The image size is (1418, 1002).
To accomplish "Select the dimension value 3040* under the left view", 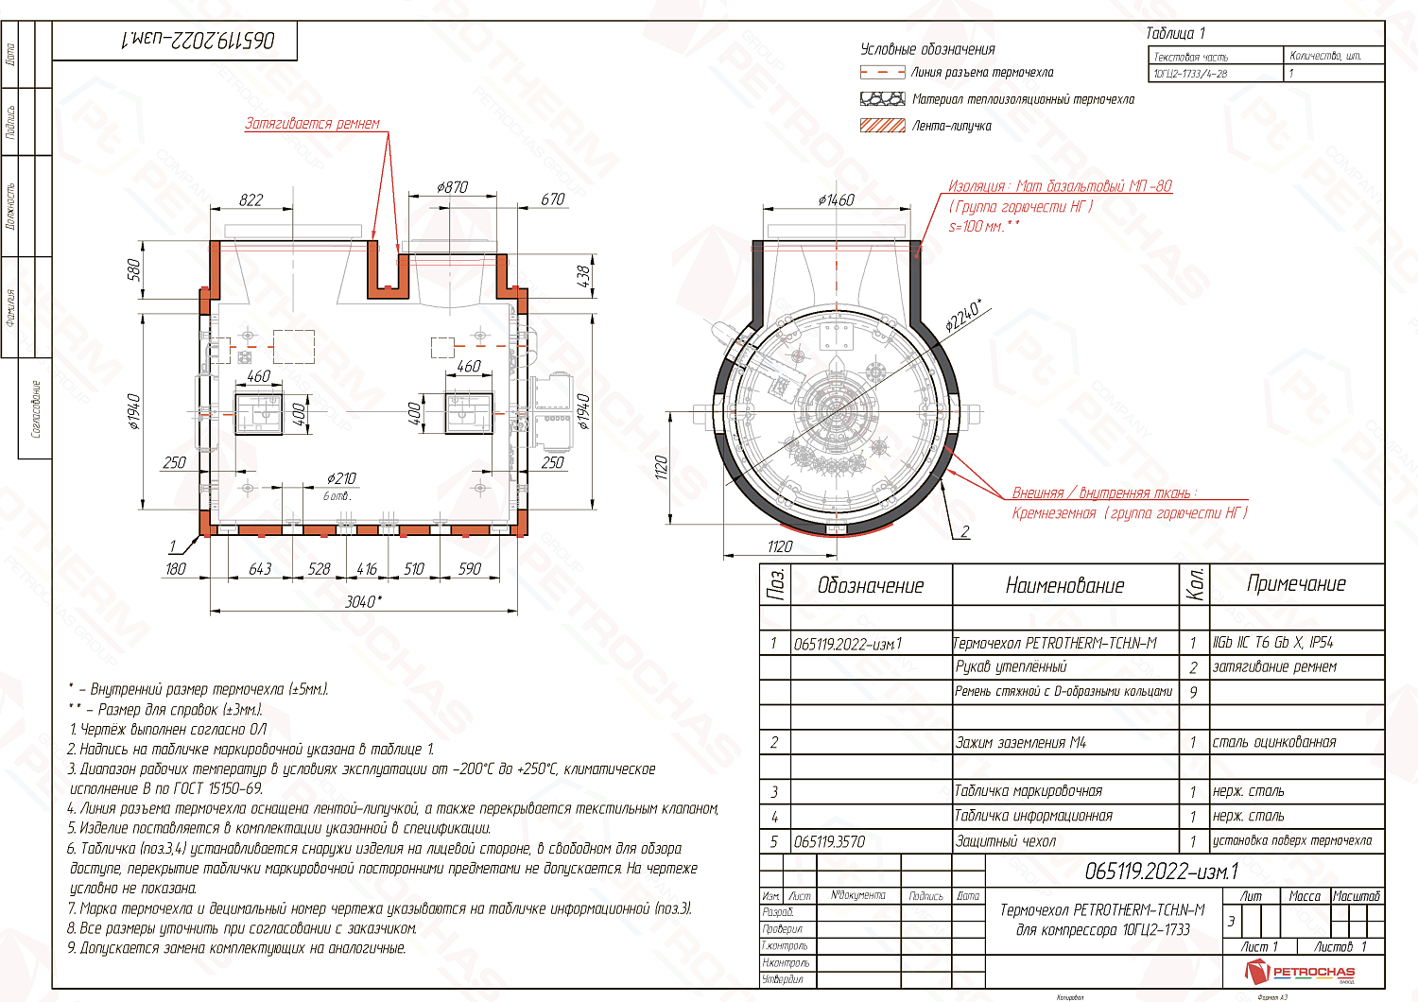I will [x=363, y=601].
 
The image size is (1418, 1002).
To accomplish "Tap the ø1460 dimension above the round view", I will [x=836, y=199].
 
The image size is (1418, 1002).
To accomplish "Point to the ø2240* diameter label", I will [x=963, y=316].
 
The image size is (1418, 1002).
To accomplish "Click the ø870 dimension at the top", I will [x=452, y=187].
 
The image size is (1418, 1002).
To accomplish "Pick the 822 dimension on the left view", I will [x=251, y=199].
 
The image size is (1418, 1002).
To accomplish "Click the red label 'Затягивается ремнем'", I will [x=312, y=123].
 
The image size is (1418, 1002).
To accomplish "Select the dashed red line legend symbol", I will [x=882, y=72].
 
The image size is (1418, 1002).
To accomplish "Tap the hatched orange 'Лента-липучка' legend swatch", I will [x=882, y=125].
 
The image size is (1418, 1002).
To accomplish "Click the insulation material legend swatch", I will [x=882, y=98].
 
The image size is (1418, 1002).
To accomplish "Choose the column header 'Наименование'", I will [x=1064, y=585].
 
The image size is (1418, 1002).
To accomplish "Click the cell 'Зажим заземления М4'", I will [x=1021, y=742].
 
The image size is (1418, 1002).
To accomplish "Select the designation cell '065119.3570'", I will [x=829, y=841].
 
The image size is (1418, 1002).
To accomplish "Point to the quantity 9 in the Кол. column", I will [x=1193, y=692].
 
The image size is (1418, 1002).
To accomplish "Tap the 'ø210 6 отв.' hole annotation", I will [x=340, y=485].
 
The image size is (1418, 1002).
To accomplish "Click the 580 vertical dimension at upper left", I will [x=133, y=269].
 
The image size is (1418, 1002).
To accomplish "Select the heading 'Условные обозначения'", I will [x=926, y=49].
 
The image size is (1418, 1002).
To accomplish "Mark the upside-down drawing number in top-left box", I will [x=199, y=40].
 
